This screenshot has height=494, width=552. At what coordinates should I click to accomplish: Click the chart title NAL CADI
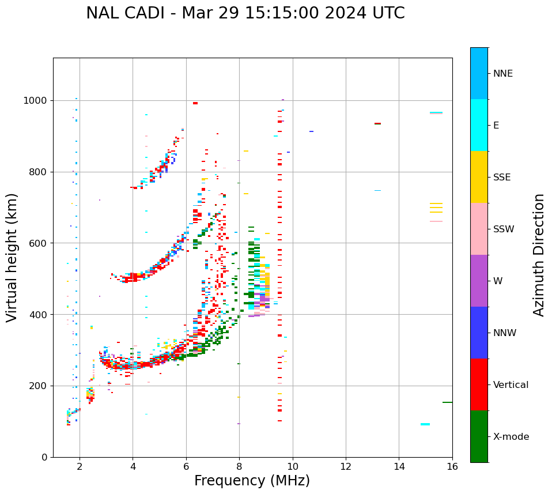coord(245,13)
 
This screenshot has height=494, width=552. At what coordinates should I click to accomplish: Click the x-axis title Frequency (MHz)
coord(252,481)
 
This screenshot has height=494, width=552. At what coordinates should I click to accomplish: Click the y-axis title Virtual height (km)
coord(12,257)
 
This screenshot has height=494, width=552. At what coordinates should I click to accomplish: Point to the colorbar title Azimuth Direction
coord(539,254)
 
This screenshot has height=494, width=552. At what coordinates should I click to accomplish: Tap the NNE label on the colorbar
coord(502,74)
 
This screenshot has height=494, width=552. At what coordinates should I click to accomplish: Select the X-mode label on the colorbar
coord(511,437)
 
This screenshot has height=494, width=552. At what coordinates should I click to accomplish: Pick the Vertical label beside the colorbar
coord(511,385)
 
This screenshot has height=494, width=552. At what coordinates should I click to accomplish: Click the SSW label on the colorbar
coord(504,229)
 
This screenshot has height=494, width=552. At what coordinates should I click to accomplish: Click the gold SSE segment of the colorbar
coord(479,177)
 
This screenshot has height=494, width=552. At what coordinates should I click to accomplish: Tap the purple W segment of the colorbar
coord(479,281)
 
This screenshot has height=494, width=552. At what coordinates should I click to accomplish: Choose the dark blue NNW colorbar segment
coord(479,333)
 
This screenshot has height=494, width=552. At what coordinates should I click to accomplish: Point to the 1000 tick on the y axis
coord(36,101)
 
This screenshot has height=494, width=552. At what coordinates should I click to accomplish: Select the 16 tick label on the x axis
coord(452,466)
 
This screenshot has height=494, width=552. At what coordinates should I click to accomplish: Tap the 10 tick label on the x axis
coord(293,466)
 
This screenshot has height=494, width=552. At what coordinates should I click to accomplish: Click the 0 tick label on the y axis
coord(44,457)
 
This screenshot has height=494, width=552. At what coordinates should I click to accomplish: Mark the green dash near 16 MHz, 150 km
coord(447,402)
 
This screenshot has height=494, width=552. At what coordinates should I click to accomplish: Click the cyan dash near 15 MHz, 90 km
coord(425,424)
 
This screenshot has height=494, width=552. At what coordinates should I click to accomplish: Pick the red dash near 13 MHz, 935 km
coord(377,123)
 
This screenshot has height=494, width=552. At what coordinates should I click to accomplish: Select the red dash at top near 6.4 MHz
coord(195,103)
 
